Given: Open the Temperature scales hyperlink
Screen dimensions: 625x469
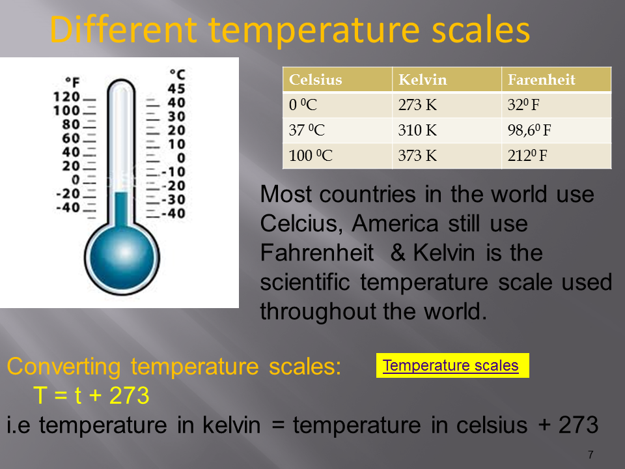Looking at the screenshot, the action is (x=451, y=365).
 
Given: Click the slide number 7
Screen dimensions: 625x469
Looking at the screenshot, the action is (x=590, y=455).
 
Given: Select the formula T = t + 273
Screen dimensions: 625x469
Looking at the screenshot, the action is (x=91, y=395).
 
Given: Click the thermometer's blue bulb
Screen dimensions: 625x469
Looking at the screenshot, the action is (x=122, y=257).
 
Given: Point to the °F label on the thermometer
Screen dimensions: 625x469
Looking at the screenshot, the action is (x=72, y=82).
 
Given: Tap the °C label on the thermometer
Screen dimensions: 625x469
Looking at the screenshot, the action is (x=177, y=74).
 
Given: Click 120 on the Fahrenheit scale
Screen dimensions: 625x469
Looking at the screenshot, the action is (x=66, y=96).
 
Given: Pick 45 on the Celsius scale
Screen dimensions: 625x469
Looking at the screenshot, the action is (x=176, y=88).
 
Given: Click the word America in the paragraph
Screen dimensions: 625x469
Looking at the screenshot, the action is (x=395, y=223).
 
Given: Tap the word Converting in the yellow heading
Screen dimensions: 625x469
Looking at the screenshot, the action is (x=64, y=367).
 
